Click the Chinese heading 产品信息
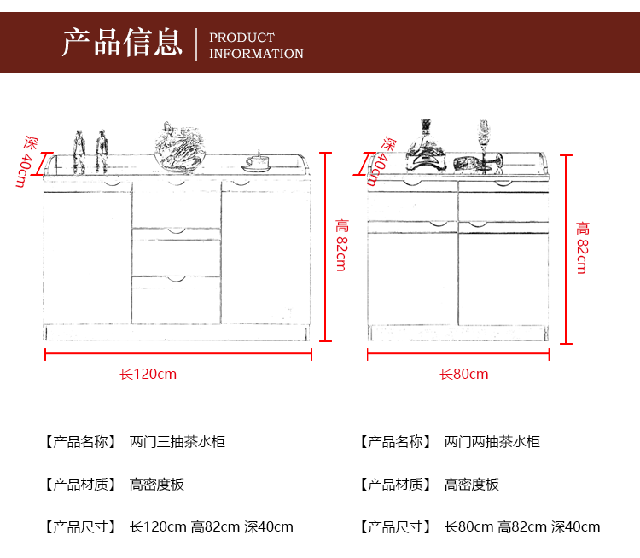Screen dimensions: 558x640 point(122,42)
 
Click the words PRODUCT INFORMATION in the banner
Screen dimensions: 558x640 point(256,45)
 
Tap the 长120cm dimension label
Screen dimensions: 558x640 point(148,374)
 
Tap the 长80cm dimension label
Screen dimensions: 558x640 point(464,374)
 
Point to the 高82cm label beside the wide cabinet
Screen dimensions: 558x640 point(341,245)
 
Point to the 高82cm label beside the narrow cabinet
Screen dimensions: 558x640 point(582,247)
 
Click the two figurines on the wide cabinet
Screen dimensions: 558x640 point(90,152)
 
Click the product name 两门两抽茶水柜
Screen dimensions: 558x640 point(492,442)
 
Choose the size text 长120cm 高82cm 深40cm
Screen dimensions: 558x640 point(211,526)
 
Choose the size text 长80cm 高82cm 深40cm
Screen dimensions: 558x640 point(522,526)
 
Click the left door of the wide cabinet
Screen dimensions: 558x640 point(88,256)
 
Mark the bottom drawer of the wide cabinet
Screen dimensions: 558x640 point(176,300)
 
